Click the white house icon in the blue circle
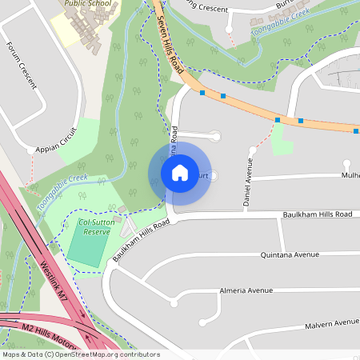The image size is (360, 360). tap(180, 172)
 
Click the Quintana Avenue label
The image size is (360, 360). tap(290, 255)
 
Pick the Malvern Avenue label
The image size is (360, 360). tap(331, 324)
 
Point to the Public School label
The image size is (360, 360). tap(88, 3)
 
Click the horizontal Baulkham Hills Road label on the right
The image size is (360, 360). tap(317, 214)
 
